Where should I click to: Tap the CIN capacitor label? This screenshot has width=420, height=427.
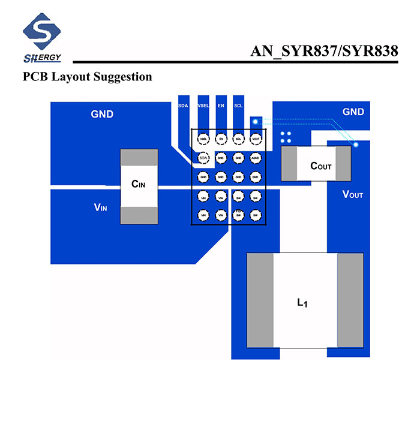[x=139, y=184]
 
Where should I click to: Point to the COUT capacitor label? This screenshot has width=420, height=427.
[x=320, y=166]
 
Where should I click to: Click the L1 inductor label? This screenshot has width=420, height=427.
[x=302, y=303]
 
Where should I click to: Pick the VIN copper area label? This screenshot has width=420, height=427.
[x=100, y=208]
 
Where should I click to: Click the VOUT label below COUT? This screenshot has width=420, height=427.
[x=352, y=194]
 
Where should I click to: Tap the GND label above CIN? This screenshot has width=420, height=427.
[x=102, y=114]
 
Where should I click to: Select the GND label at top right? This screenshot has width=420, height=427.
[x=353, y=112]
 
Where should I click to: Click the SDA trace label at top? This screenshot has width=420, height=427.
[x=183, y=106]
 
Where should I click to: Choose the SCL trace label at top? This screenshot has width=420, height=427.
[x=238, y=106]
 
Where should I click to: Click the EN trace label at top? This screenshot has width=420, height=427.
[x=221, y=106]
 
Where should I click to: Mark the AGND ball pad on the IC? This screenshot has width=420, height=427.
[x=256, y=158]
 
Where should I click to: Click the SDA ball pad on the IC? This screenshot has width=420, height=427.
[x=203, y=158]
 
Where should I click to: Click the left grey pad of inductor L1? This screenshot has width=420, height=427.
[x=260, y=300]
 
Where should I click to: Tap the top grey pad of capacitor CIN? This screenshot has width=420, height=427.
[x=139, y=158]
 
